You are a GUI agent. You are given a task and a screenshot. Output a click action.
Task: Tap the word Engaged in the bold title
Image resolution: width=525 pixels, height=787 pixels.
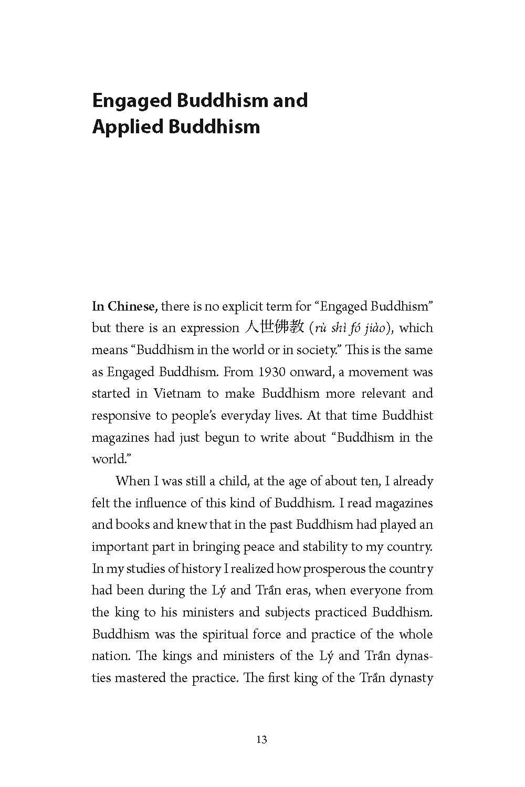pyautogui.click(x=131, y=100)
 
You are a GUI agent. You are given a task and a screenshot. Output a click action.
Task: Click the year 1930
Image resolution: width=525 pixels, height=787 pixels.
pyautogui.click(x=272, y=372)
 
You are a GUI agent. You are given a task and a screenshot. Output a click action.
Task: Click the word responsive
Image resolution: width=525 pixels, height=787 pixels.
pyautogui.click(x=121, y=416)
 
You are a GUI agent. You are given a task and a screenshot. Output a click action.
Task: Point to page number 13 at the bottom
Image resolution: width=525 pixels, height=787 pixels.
pyautogui.click(x=262, y=740)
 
